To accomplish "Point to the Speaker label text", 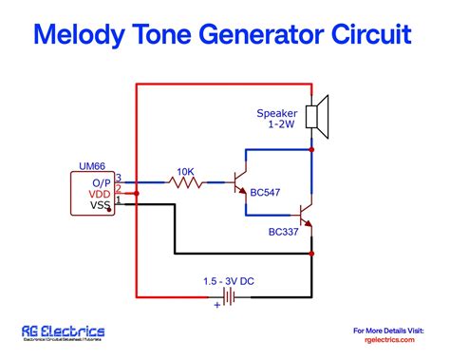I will (x=276, y=113).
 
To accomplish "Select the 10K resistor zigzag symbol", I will (x=185, y=182).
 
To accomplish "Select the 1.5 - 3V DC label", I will (x=228, y=281).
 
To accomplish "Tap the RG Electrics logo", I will (x=63, y=332).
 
